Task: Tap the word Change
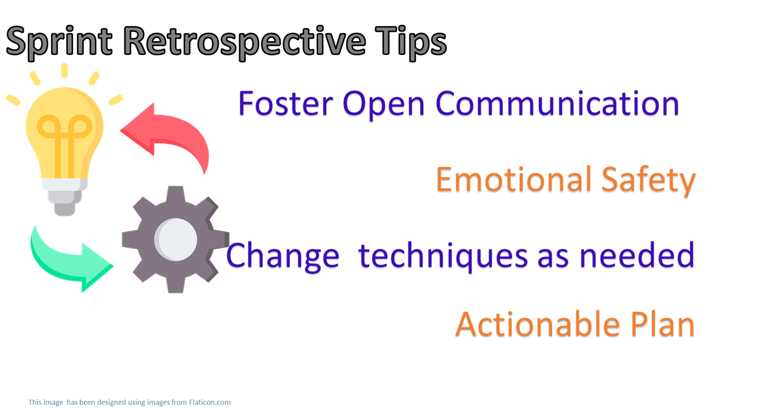(282, 256)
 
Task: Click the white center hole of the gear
(176, 240)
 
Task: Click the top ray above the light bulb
(64, 70)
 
